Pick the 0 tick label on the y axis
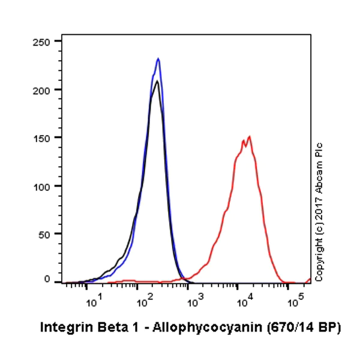click(50, 280)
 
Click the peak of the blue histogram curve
click(158, 59)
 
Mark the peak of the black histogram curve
click(157, 81)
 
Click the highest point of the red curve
click(249, 136)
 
